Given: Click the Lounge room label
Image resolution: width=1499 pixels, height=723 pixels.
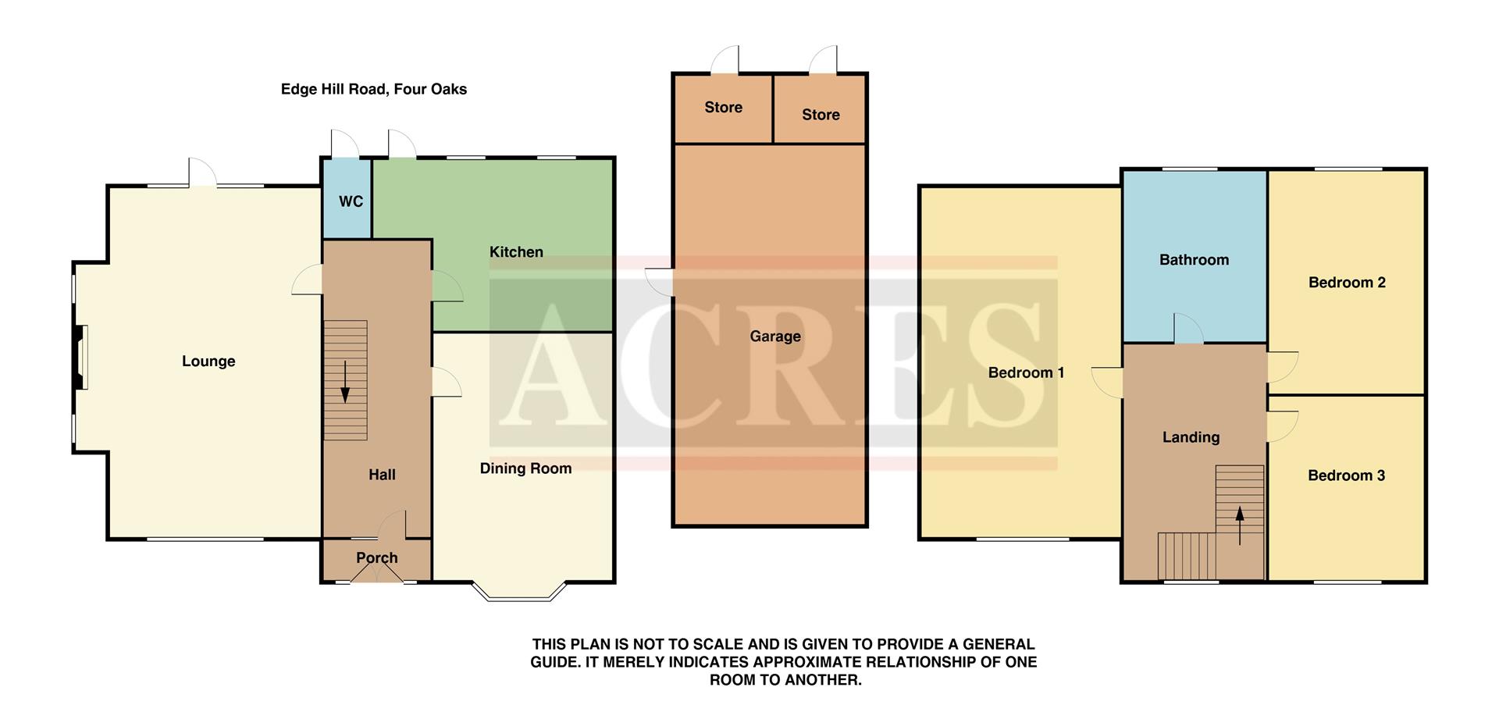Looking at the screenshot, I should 208,361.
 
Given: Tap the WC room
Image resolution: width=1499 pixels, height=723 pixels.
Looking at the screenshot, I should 351,201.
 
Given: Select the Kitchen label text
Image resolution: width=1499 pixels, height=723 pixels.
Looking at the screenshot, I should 516,252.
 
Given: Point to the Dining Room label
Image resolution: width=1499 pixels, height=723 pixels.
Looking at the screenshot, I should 525,468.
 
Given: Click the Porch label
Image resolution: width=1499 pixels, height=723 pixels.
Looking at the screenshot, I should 377,558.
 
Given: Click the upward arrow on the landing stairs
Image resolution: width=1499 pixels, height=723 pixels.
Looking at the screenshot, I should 1240,525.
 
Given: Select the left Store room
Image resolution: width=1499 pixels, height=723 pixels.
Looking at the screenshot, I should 723,108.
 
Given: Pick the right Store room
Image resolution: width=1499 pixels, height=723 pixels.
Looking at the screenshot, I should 821,115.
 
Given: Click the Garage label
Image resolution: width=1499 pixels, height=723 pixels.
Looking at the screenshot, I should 775,337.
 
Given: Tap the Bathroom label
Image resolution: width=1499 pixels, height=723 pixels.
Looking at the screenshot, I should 1194,260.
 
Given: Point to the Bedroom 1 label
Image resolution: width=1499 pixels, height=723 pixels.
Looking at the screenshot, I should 1026,373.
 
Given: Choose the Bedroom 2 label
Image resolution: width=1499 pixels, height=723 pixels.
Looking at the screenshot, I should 1347,283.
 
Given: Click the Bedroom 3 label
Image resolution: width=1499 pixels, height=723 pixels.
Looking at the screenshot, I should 1346,475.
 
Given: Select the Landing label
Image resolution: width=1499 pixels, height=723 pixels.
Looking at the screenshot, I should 1191,437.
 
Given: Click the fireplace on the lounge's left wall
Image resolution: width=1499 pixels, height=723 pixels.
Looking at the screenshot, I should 80,356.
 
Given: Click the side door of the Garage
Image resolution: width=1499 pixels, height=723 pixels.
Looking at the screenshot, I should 660,282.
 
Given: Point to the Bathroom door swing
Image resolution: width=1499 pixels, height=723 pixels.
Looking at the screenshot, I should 1188,329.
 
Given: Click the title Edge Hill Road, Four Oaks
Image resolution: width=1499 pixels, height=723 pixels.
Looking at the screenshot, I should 373,89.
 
